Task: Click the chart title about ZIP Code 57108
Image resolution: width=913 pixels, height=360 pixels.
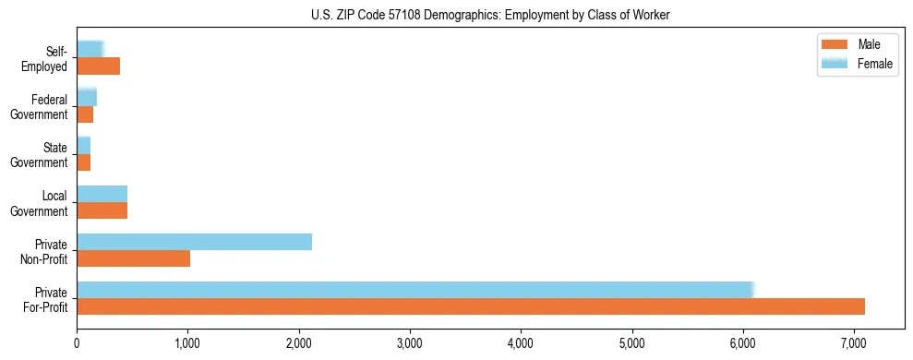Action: coord(490,15)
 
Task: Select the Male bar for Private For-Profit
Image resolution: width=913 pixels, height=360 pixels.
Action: coord(471,306)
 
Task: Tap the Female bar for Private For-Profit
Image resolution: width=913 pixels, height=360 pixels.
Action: coord(415,290)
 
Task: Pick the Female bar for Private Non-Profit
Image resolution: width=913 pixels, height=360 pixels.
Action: coord(194,242)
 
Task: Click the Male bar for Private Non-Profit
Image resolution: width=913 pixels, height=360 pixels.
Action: coord(133,258)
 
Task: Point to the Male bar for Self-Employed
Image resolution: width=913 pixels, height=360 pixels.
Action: coord(98,66)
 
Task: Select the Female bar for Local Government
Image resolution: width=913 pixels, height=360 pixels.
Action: coord(102,194)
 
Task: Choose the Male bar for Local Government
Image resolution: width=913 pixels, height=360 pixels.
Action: coord(102,210)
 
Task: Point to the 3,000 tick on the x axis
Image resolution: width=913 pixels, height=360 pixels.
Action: coord(410,343)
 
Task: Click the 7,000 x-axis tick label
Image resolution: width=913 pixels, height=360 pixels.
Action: coord(853,343)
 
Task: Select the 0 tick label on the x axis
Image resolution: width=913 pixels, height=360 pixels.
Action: coord(77,343)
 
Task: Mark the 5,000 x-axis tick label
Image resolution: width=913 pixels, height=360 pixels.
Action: coord(631,343)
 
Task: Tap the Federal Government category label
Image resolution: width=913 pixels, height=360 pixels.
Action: coord(40,106)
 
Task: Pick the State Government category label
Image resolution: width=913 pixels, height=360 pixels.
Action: coord(40,154)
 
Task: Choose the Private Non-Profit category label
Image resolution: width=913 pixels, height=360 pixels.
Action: coord(44,250)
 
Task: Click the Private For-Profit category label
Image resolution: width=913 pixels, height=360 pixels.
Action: coord(44,298)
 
